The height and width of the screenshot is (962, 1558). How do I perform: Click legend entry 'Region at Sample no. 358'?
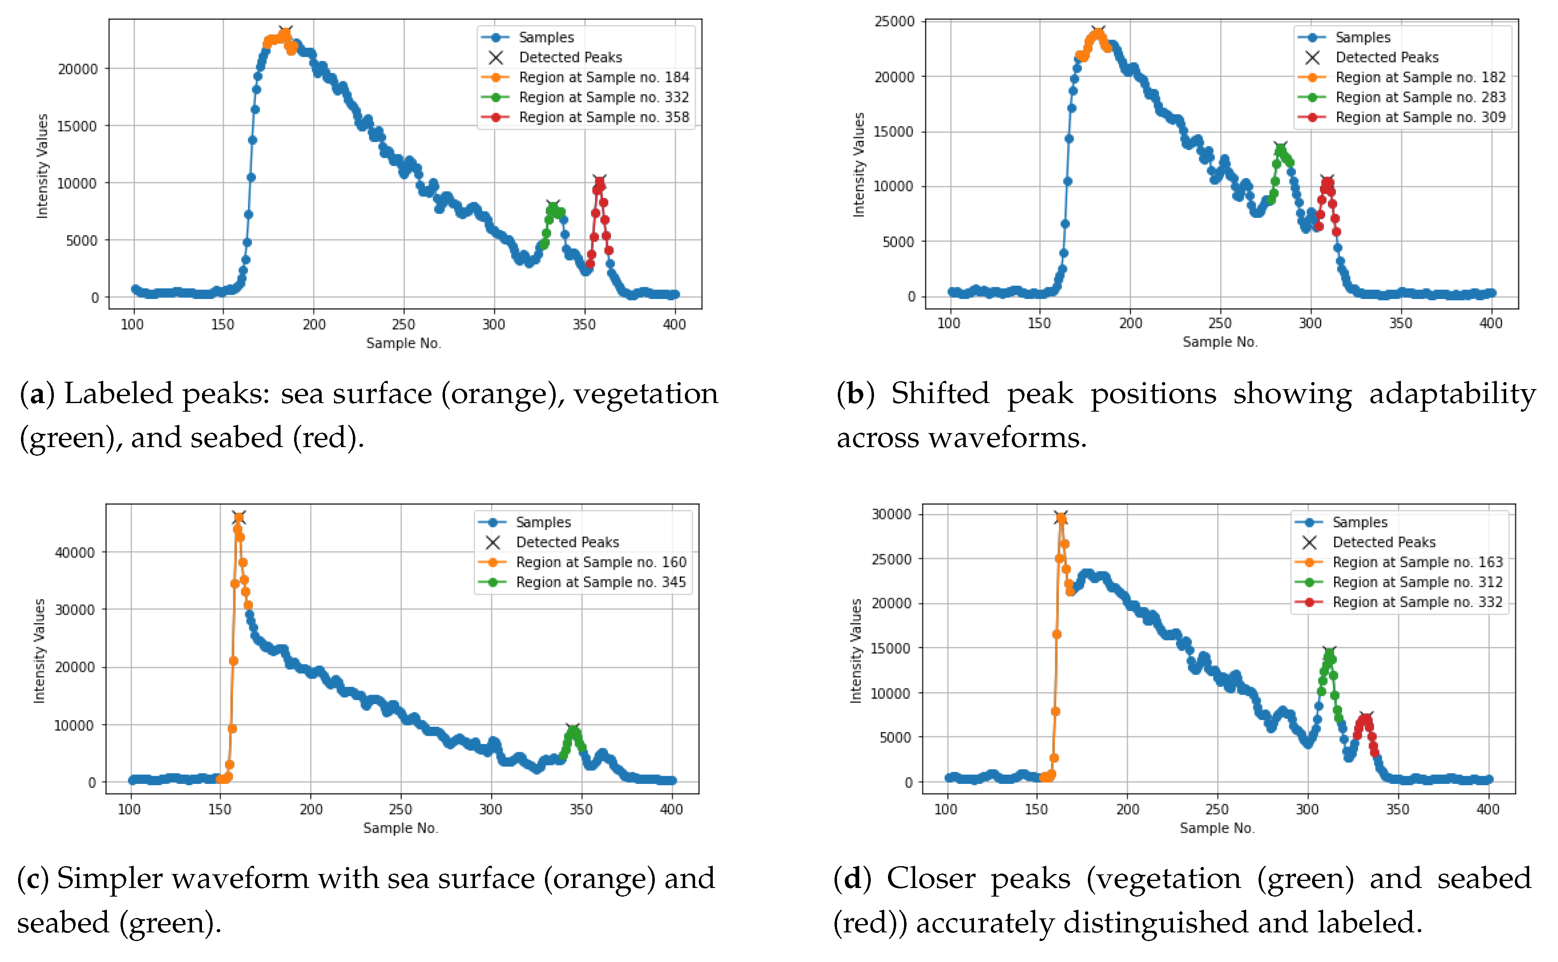point(603,117)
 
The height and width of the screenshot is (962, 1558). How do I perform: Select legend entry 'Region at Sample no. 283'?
point(1420,97)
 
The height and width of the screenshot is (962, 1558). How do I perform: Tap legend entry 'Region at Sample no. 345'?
point(600,582)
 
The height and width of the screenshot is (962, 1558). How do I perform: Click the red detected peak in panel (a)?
point(598,181)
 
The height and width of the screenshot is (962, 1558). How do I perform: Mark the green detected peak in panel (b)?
point(1280,148)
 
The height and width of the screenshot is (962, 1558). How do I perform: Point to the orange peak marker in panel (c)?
point(239,517)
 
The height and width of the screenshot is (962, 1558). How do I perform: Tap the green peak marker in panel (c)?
point(573,729)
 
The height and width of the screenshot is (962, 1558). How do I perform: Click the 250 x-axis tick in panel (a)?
point(403,325)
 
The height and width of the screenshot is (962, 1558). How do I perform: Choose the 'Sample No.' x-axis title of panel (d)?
point(1216,828)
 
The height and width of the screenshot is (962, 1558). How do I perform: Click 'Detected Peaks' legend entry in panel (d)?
point(1384,542)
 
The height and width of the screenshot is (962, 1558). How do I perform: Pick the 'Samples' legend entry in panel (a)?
point(546,37)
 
